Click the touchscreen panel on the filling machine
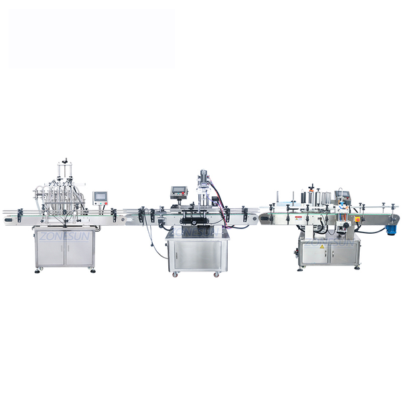[x=101, y=198]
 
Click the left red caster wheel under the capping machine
[x=174, y=275]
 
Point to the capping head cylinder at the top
[x=202, y=176]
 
